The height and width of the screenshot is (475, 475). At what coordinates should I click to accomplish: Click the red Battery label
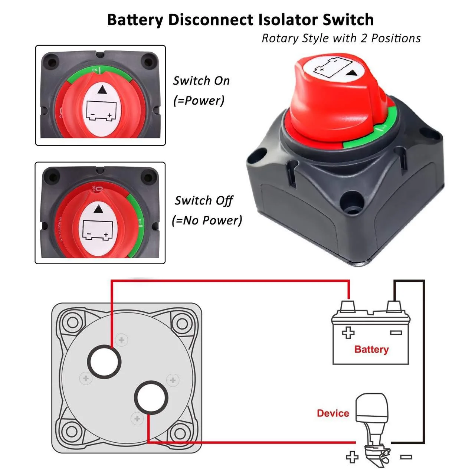tap(371, 349)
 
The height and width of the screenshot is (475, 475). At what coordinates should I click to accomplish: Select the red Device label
tap(333, 413)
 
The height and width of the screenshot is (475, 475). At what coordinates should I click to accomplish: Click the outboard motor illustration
tap(372, 423)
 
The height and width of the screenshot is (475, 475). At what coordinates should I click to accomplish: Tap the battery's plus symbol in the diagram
tap(348, 333)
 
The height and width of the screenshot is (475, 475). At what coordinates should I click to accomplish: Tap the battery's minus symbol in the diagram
tap(396, 333)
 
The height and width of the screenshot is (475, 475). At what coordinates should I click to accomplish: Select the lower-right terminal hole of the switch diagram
tap(151, 397)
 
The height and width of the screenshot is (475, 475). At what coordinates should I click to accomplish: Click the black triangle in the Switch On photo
tap(101, 90)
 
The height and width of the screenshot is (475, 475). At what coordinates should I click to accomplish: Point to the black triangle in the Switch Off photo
tap(99, 210)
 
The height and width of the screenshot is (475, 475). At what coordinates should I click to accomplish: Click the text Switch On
tap(201, 81)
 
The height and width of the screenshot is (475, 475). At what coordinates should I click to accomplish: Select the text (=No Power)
tap(207, 220)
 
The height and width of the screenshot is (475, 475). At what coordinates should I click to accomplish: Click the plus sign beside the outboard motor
tap(352, 457)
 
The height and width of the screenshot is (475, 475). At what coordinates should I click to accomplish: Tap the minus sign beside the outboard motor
tap(406, 457)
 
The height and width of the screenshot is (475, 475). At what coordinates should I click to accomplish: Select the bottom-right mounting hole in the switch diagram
tap(181, 433)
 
